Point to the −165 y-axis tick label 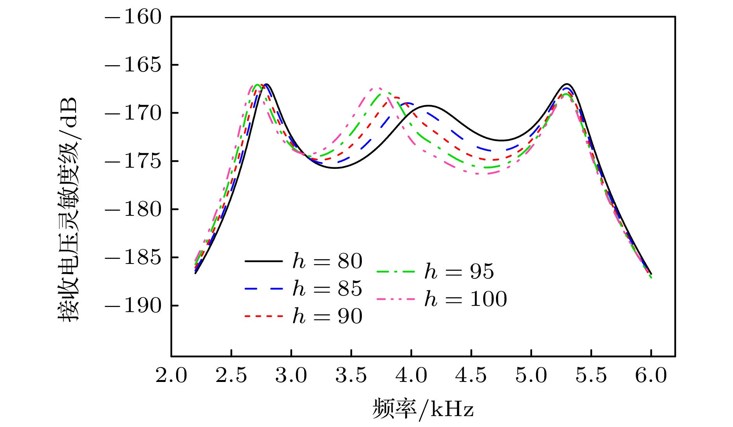[x=133, y=65]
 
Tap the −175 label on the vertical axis [x=133, y=161]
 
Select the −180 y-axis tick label [x=133, y=209]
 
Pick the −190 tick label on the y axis [x=133, y=306]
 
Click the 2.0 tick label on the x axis [x=171, y=375]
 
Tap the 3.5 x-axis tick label [x=351, y=375]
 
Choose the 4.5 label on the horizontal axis [x=471, y=375]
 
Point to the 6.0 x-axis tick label [x=651, y=375]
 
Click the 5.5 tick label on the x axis [x=591, y=375]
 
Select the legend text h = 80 [x=327, y=261]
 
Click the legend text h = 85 [x=327, y=288]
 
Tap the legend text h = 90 [x=327, y=316]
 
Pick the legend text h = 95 [x=459, y=271]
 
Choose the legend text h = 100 [x=465, y=299]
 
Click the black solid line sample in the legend [x=264, y=261]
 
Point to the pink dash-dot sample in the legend [x=396, y=299]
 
